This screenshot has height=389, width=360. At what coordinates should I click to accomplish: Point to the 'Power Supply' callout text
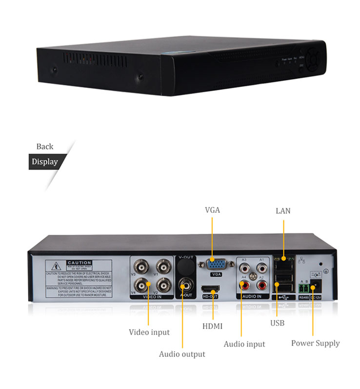click(x=315, y=343)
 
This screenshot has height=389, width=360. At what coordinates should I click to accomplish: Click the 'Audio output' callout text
click(x=182, y=354)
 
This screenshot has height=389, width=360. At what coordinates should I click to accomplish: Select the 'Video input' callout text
click(x=149, y=332)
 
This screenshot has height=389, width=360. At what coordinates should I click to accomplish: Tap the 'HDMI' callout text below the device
click(x=212, y=326)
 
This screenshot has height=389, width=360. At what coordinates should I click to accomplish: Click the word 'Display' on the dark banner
click(x=45, y=162)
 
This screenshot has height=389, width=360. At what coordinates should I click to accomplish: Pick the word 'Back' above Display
click(x=45, y=146)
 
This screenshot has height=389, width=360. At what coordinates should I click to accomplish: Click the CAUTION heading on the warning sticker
click(x=79, y=263)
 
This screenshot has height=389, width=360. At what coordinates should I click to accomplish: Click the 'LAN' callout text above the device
click(x=283, y=211)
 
